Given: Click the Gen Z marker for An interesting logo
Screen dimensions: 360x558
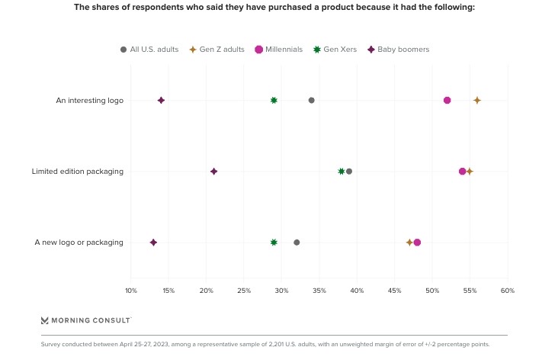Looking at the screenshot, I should [477, 101].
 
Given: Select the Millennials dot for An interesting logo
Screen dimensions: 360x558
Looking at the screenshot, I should [447, 101].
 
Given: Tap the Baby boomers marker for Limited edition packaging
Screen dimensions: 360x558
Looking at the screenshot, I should [214, 172].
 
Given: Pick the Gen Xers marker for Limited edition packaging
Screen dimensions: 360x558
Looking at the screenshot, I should [342, 172].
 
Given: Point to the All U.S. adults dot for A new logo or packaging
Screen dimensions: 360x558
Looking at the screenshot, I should [297, 243].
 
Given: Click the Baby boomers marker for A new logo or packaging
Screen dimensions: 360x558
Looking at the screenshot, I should [153, 243].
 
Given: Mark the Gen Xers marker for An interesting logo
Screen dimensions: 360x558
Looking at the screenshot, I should [274, 101].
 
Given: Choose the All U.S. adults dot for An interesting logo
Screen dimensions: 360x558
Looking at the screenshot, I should [311, 101].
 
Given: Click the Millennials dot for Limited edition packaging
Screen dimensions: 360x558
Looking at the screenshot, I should [463, 172].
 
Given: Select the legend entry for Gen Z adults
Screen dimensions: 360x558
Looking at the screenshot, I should [216, 50].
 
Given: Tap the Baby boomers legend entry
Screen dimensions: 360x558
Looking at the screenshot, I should [398, 50].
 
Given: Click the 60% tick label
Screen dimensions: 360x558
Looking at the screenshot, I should [508, 291].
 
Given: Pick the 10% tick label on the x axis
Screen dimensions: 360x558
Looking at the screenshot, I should [131, 291].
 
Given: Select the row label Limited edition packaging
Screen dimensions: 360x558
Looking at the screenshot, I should [77, 172].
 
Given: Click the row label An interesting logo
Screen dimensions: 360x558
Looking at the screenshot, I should [89, 101].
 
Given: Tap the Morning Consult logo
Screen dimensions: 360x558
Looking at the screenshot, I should [86, 320].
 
